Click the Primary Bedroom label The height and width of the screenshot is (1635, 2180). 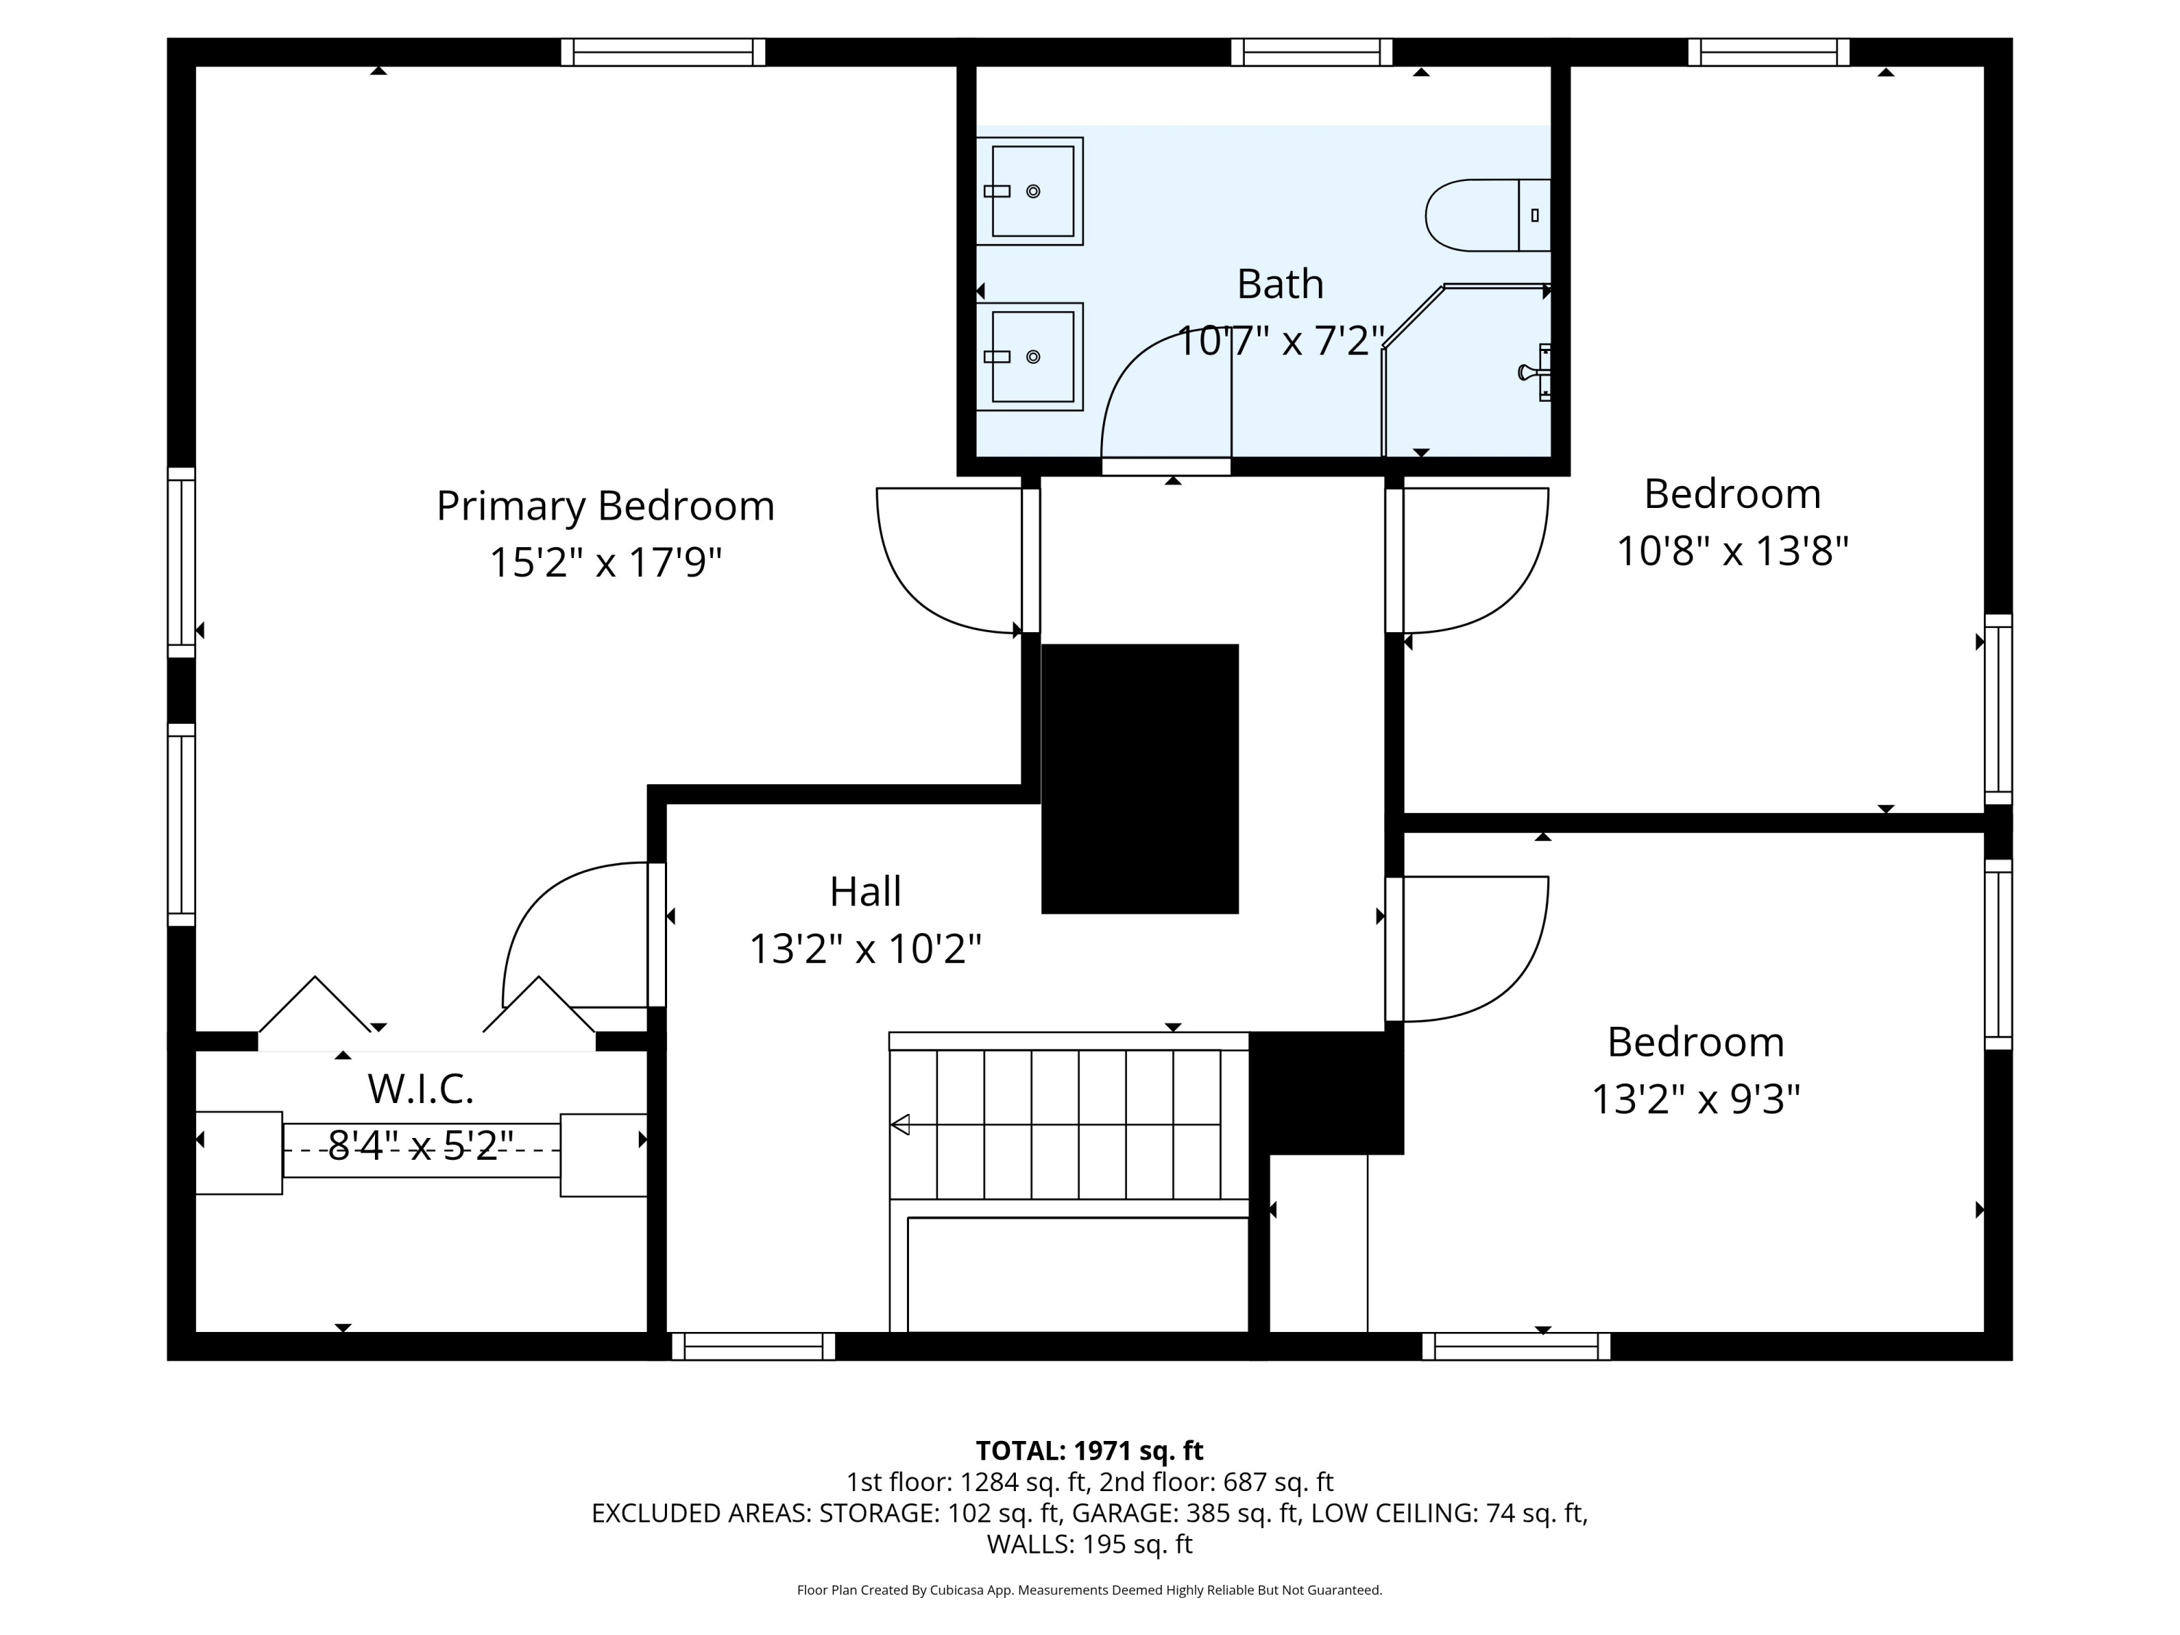tap(605, 506)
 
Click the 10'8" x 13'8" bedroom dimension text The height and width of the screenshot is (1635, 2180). tap(1732, 551)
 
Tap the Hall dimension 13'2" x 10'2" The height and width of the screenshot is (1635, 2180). tap(865, 950)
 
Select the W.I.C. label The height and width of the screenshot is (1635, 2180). tap(421, 1089)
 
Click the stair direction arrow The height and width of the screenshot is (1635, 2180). tap(900, 1124)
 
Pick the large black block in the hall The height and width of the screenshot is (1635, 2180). tap(1139, 778)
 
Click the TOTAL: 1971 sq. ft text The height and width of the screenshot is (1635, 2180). tap(1089, 1450)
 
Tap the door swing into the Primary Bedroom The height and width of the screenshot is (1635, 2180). tap(936, 572)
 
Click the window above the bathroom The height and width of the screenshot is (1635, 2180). tap(1311, 52)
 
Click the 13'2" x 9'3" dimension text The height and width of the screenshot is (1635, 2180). tap(1695, 1099)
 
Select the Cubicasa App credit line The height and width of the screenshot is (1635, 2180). tap(1089, 1590)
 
